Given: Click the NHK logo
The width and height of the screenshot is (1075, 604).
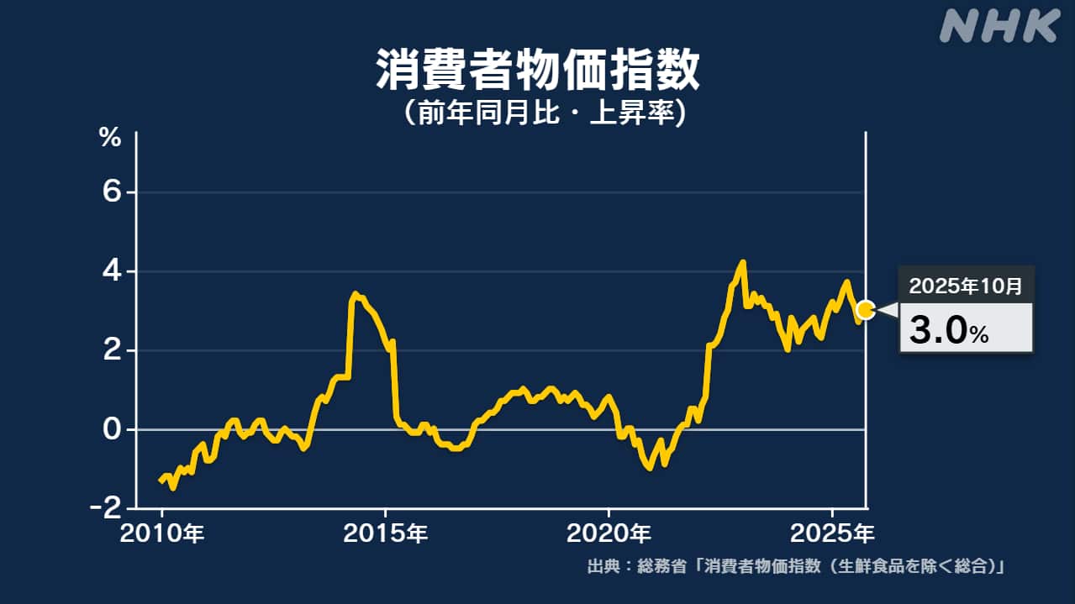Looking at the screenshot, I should coord(999,27).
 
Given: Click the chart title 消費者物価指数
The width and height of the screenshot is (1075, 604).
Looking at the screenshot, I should coord(537,71).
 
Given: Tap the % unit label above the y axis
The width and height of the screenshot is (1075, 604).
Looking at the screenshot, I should coord(110,138).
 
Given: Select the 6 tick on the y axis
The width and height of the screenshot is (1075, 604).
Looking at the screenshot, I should coord(113,193).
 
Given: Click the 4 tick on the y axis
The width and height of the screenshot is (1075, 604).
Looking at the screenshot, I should coord(113,272).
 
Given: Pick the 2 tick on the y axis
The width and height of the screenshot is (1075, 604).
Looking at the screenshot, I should coord(113,350).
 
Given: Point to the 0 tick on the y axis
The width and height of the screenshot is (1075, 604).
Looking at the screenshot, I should coord(113,429).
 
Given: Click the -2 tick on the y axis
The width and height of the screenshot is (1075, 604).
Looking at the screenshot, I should coord(108,508).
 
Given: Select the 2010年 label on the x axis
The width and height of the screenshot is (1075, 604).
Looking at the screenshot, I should coord(163,533).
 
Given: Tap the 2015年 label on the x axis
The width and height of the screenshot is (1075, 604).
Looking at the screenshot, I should coord(386,533).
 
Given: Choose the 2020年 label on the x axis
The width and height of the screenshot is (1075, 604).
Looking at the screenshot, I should coord(609,533).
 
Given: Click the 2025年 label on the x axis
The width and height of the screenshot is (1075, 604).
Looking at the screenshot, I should coord(833,533).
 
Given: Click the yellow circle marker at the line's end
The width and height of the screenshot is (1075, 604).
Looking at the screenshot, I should coord(866,310).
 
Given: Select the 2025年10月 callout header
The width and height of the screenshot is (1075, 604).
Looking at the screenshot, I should coord(966,286).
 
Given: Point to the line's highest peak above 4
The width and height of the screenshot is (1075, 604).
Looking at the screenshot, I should coord(742,262).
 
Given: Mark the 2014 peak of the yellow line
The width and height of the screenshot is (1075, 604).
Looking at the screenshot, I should coord(356,294).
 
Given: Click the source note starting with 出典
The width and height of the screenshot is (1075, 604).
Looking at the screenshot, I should coord(796,566).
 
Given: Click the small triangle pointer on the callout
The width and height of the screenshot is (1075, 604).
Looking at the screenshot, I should coord(888,310).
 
